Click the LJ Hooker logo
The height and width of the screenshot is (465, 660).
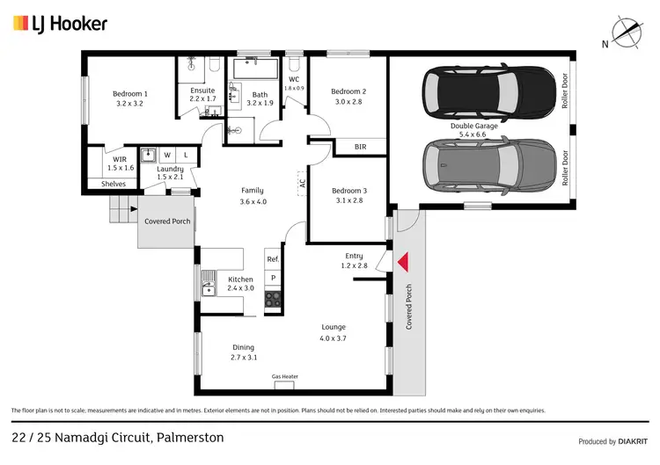point(60,23)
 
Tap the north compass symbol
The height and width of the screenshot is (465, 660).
point(626,33)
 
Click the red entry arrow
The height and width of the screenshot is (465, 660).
point(403,261)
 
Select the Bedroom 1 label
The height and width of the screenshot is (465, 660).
point(129,98)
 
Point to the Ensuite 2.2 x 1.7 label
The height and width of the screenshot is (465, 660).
point(208,95)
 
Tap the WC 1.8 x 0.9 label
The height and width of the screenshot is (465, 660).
point(294,84)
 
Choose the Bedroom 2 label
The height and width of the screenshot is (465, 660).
point(348,96)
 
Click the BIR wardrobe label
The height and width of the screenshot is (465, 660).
point(360,147)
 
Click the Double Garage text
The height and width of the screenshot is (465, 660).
point(474,126)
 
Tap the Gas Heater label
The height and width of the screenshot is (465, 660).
point(284,376)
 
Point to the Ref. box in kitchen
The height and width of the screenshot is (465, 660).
point(273,259)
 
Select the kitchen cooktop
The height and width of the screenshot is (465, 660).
point(273,298)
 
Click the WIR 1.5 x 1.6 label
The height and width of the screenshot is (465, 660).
point(121,163)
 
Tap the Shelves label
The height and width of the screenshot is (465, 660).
point(113,184)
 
